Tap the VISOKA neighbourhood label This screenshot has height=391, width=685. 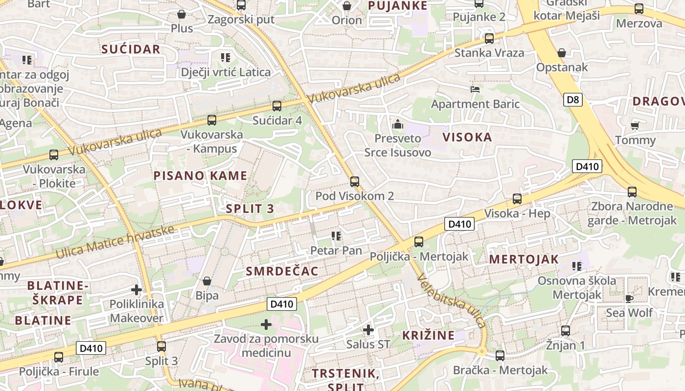(x=467, y=137)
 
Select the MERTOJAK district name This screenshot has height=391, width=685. (x=524, y=259)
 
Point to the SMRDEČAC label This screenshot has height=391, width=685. (x=282, y=271)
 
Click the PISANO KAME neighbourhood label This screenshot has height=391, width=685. (x=201, y=176)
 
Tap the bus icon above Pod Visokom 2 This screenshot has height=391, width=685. (x=355, y=182)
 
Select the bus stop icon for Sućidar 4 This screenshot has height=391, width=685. (x=277, y=106)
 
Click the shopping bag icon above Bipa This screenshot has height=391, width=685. (x=207, y=282)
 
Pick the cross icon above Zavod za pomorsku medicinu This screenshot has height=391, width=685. (x=266, y=325)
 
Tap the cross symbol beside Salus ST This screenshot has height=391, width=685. (x=368, y=330)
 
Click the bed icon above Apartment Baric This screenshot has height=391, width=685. (x=475, y=89)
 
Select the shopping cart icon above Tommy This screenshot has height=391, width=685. (x=635, y=126)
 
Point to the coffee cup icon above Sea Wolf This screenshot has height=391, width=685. (x=629, y=298)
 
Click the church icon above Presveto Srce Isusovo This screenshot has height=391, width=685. (x=398, y=124)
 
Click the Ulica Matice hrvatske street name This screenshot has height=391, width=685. (x=115, y=242)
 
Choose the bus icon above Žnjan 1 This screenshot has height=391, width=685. (x=566, y=331)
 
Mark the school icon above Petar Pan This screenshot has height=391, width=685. (x=336, y=237)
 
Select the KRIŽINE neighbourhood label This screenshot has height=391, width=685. (x=428, y=335)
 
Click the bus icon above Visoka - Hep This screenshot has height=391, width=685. (x=517, y=199)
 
